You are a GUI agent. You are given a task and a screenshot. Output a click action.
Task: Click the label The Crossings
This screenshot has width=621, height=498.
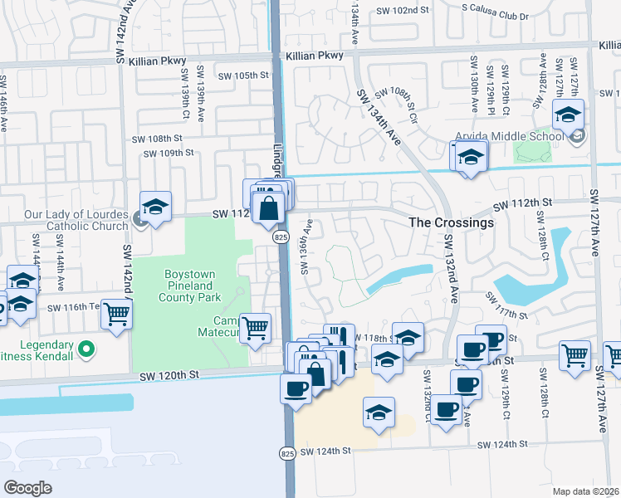tap(452, 222)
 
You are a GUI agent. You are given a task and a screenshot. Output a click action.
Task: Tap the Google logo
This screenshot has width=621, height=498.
tap(27, 487)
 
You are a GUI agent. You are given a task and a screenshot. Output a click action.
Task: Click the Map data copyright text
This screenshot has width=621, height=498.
tap(586, 491)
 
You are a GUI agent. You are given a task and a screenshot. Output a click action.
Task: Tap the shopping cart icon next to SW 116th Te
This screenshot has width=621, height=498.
tap(117, 314)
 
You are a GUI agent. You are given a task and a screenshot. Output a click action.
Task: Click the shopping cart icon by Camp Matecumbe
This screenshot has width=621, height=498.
tap(256, 325)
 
